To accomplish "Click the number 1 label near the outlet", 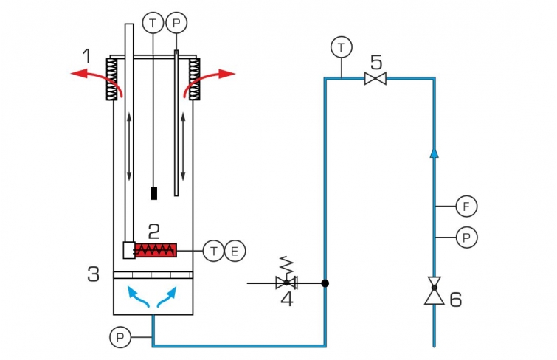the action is [87, 56].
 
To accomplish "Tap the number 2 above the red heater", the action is [153, 232].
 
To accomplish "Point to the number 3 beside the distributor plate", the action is [94, 274].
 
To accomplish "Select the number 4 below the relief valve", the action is [287, 300].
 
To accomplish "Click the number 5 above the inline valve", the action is [376, 63].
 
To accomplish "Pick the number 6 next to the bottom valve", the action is [456, 300].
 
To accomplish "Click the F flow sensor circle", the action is [466, 206].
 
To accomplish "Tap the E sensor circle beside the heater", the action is [235, 251].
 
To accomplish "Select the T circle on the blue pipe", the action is [342, 47].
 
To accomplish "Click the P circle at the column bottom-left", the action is [120, 337].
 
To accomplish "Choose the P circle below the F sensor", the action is [466, 237].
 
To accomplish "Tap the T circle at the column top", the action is [153, 23].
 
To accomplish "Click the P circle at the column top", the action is [176, 23].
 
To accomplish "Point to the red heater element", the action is [156, 250].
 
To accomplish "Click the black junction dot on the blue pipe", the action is [325, 283].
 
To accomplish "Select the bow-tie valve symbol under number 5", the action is [376, 78].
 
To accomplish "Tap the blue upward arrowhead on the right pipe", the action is [434, 153].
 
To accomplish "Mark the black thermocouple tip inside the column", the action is [153, 193].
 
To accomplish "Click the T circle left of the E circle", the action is [213, 251].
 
